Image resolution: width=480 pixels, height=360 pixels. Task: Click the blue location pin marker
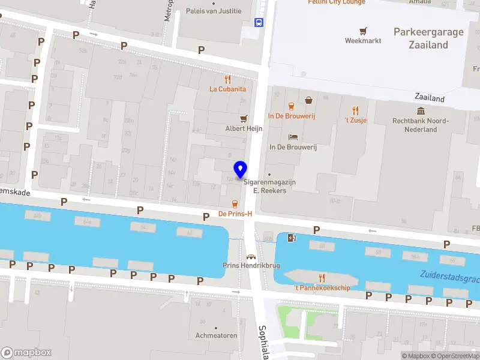point(241,170)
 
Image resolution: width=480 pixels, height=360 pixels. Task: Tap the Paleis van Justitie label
point(214,11)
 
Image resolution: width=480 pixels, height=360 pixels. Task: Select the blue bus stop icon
point(259,23)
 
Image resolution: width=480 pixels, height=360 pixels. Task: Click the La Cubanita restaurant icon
point(227,79)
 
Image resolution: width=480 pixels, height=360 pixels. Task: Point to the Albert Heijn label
point(244,128)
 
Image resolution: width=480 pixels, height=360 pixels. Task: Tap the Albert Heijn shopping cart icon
point(244,119)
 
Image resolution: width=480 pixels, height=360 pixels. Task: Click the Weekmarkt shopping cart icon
point(363,31)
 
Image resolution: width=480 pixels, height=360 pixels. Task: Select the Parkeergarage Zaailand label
point(428,38)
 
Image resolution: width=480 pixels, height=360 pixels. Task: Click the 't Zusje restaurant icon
point(355,110)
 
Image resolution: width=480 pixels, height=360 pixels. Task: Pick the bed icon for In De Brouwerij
point(293,137)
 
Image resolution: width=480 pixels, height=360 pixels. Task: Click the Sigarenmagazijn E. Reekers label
point(269,186)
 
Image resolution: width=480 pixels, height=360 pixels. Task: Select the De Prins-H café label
point(235,214)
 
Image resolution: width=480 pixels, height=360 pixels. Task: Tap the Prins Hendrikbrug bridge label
point(251,265)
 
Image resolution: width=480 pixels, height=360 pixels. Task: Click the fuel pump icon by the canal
point(292,238)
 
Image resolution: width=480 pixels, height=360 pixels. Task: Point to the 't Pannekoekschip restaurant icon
point(322,277)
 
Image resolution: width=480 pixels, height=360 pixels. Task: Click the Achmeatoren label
point(217,335)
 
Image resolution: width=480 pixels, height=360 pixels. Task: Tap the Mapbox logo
point(26,353)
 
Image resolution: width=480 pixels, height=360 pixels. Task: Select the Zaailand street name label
point(430,98)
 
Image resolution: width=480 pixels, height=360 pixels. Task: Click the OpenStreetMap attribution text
point(456,356)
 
